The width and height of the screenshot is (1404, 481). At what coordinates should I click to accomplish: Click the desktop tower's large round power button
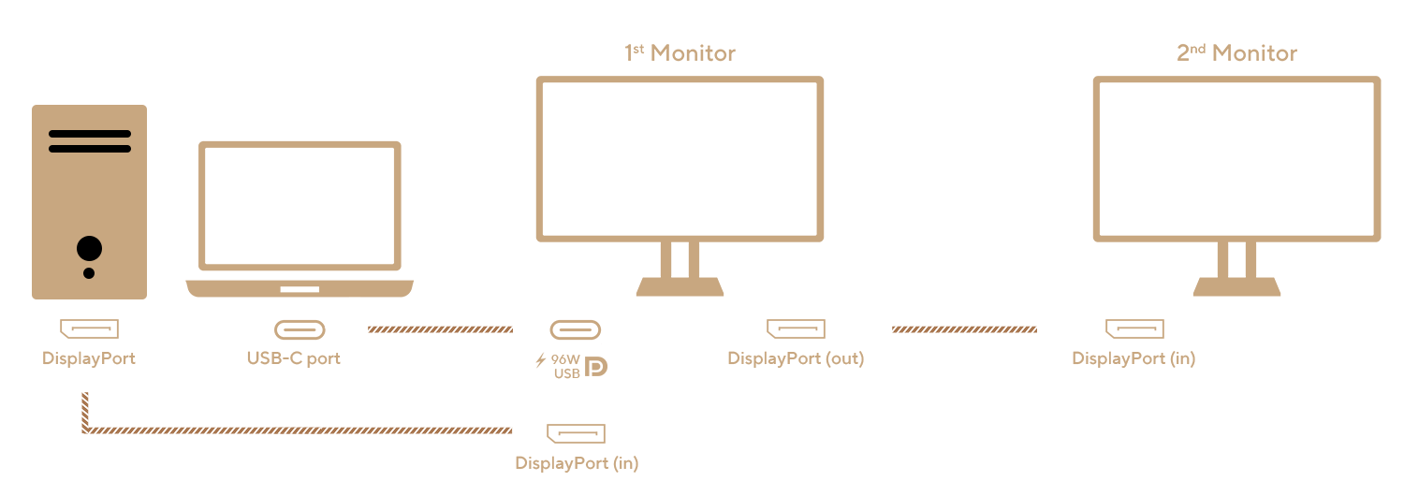tap(89, 249)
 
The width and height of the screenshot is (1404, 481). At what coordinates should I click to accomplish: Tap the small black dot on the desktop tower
tap(89, 273)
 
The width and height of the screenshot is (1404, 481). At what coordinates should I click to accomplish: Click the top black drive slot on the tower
tap(90, 134)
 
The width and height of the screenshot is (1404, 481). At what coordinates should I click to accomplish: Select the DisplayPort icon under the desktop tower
tap(89, 328)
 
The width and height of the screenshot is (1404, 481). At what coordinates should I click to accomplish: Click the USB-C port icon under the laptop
tap(300, 329)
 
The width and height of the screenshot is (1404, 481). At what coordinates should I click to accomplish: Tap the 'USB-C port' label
tap(293, 358)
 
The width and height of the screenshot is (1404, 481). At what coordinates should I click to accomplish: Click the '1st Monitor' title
tap(680, 53)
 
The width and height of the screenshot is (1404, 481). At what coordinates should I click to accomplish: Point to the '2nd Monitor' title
tap(1236, 53)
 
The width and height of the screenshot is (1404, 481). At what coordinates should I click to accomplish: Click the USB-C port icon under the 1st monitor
tap(576, 329)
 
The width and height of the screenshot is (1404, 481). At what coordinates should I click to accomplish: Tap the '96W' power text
tap(565, 359)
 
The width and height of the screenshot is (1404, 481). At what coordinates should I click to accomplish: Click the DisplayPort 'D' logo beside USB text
tap(596, 367)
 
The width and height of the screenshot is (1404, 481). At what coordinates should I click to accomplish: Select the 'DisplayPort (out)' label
tap(796, 358)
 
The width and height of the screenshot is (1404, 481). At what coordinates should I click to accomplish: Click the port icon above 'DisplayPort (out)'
tap(796, 328)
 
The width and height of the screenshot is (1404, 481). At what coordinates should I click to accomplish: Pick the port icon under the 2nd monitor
tap(1134, 328)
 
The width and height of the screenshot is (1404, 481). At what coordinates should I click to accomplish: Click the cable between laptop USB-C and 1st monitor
tap(440, 329)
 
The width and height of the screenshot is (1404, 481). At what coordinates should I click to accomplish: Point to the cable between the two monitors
tap(965, 329)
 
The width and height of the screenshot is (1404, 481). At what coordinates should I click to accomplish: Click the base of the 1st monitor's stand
tap(680, 287)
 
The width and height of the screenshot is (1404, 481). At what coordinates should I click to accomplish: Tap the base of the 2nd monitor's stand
tap(1236, 287)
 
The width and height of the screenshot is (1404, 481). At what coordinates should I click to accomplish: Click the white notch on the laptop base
tap(300, 289)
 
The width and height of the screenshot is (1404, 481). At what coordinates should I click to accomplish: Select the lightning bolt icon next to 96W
tap(541, 360)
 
